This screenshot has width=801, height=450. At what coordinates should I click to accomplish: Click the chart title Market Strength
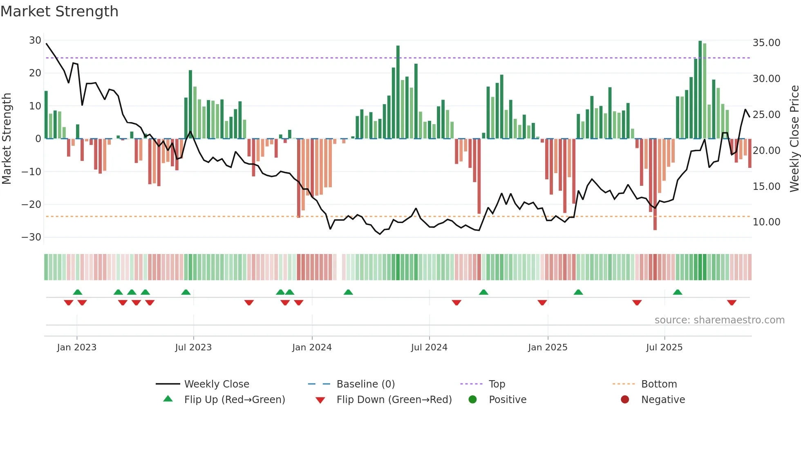point(59,11)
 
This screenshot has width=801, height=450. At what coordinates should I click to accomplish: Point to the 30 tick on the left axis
point(35,40)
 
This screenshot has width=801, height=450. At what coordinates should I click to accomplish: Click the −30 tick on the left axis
point(31,237)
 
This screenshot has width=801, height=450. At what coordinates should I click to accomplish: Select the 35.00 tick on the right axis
point(766,43)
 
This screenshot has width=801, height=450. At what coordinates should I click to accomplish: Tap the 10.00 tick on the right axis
point(766,222)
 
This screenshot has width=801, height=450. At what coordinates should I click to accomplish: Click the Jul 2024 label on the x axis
point(429,348)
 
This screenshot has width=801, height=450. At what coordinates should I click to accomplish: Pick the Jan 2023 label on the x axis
point(77,348)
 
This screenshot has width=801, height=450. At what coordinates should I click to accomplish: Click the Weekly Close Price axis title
point(794,139)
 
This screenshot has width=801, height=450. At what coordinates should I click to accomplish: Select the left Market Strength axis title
point(7,139)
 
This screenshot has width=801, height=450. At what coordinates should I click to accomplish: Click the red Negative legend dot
point(625,400)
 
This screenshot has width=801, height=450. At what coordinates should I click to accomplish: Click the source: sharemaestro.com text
point(719,320)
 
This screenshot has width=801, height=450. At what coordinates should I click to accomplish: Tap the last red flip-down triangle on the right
point(732,303)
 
